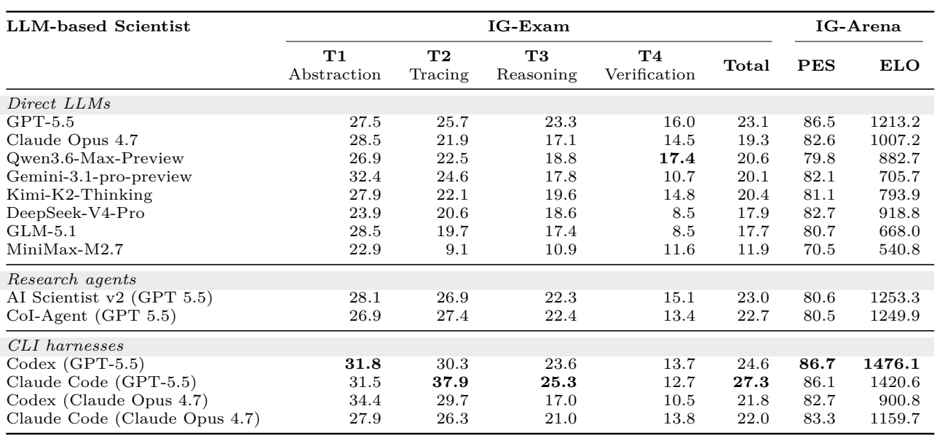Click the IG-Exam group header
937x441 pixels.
[x=529, y=26]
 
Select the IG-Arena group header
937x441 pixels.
[x=858, y=26]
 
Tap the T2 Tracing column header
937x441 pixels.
[x=439, y=65]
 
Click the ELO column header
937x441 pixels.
[x=899, y=66]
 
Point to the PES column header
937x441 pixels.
[x=816, y=66]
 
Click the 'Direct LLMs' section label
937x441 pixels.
[x=59, y=104]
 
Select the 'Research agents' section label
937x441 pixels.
[x=72, y=279]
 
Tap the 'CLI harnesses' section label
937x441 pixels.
[x=66, y=346]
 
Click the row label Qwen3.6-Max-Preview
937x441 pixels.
[x=95, y=158]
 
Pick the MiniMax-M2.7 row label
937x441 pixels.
[x=65, y=249]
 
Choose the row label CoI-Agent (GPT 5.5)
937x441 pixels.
[x=91, y=316]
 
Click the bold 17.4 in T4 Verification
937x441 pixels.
[x=677, y=158]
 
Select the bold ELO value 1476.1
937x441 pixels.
[x=892, y=364]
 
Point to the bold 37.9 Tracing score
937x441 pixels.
[x=450, y=382]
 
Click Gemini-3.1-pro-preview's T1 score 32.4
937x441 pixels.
[x=365, y=176]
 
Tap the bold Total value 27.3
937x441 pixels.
[x=751, y=382]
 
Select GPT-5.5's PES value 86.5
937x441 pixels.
[x=819, y=122]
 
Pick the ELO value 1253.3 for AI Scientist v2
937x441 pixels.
[x=895, y=298]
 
